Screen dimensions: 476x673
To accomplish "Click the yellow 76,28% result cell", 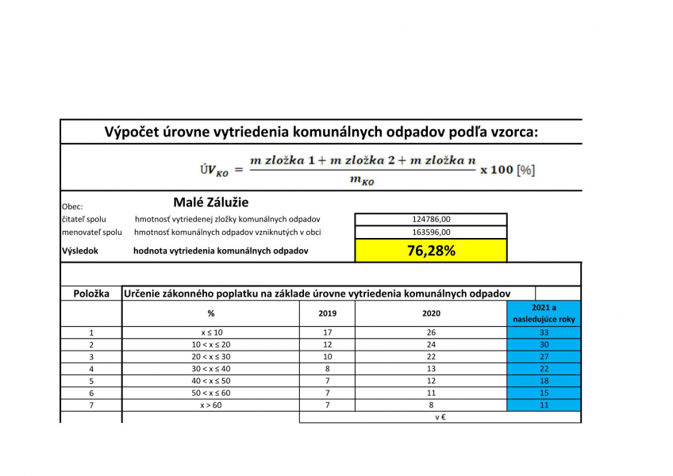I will coord(431,251).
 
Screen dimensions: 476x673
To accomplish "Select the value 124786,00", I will coord(431,219).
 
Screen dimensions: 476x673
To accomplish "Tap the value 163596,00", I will coord(431,232).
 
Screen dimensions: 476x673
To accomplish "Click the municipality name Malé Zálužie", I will coord(210,202).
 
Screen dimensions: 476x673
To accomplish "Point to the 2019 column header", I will coord(327,313).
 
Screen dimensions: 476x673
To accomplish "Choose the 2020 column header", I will coord(431,313).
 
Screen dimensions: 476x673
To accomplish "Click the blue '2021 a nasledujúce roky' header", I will coord(544,313).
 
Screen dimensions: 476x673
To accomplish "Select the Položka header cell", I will coord(91,294).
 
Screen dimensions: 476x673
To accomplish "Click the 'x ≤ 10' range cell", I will coord(211,332).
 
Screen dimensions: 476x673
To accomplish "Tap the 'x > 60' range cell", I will coord(211,405).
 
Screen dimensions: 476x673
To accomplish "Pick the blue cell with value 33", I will coord(544,332).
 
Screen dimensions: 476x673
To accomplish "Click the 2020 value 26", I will coord(431,332).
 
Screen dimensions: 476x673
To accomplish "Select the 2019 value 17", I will coord(327,332).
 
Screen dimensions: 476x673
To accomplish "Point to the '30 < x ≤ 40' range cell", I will coord(211,369).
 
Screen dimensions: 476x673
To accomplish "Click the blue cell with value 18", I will coord(544,381).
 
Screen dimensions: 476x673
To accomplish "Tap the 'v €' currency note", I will coord(440,416).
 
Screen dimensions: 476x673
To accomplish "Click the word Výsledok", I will coord(80,251).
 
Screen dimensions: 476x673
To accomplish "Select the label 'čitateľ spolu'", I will coord(84,219).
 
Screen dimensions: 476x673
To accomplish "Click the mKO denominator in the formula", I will coord(362,180).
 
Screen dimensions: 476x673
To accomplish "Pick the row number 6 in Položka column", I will coord(91,393).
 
